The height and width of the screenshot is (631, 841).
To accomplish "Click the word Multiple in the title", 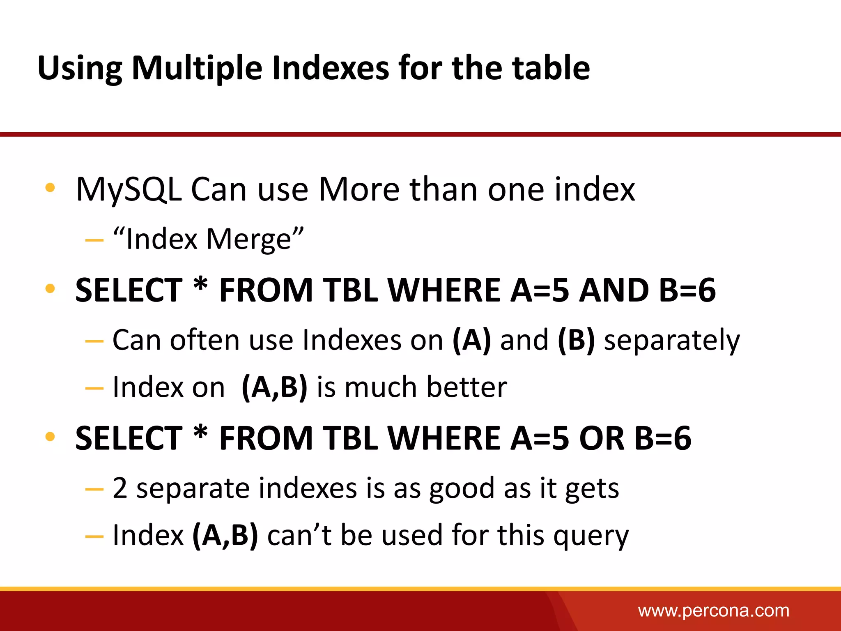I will pyautogui.click(x=197, y=68).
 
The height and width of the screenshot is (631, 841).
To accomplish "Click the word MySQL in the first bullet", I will pyautogui.click(x=129, y=190).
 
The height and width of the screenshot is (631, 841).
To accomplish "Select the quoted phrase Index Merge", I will pyautogui.click(x=209, y=239).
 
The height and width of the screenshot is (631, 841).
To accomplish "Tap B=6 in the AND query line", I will pyautogui.click(x=687, y=290).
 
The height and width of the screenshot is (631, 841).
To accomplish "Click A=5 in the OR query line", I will pyautogui.click(x=540, y=438).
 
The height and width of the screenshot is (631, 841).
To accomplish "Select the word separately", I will pyautogui.click(x=672, y=341).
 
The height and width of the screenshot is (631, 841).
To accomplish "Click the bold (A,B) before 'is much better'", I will pyautogui.click(x=274, y=387).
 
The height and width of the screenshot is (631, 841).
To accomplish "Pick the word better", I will pyautogui.click(x=467, y=387).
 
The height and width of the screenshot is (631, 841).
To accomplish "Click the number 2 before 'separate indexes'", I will pyautogui.click(x=120, y=488).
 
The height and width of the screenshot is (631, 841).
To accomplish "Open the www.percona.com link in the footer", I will pyautogui.click(x=713, y=610).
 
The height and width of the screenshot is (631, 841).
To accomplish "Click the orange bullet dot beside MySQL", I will pyautogui.click(x=50, y=188).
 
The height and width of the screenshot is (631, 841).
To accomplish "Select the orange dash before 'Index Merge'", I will pyautogui.click(x=94, y=240).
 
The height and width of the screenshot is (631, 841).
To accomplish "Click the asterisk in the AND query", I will pyautogui.click(x=201, y=284).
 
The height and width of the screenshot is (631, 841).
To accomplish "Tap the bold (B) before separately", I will pyautogui.click(x=576, y=340).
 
